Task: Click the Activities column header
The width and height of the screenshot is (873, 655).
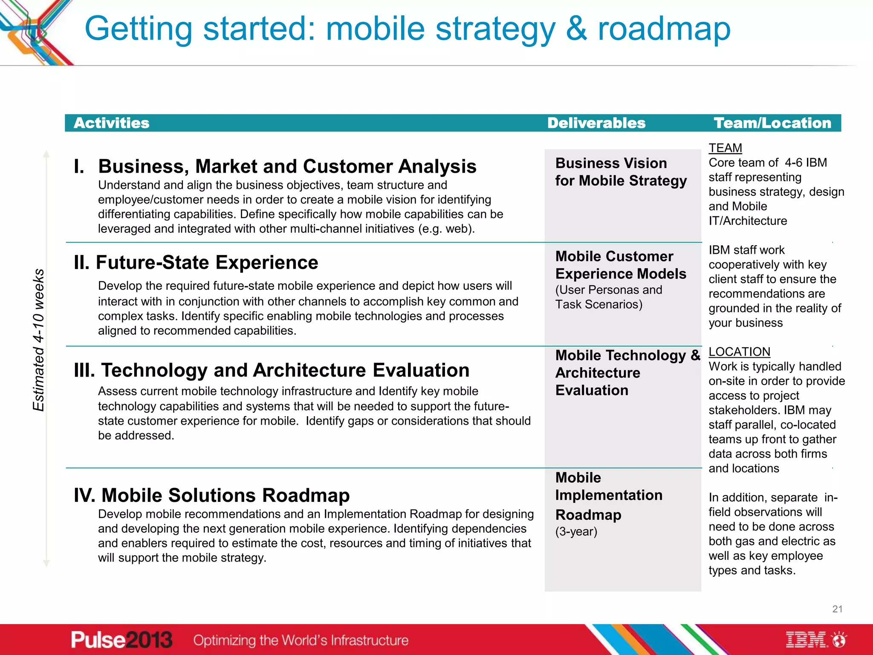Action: (111, 123)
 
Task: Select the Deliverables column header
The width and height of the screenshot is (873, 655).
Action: (596, 123)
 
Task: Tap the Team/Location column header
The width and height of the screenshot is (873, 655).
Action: (772, 123)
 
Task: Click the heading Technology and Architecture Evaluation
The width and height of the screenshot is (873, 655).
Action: (272, 370)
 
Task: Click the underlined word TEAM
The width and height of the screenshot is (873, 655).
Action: (725, 148)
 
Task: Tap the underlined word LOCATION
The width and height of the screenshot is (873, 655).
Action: (739, 352)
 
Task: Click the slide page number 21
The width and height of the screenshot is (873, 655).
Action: (837, 609)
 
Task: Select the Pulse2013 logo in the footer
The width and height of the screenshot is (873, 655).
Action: (121, 640)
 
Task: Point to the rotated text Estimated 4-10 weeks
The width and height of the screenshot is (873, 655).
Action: (39, 340)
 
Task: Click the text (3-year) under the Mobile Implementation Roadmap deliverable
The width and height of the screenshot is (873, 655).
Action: (576, 532)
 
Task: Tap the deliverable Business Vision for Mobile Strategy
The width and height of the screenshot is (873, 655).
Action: (620, 172)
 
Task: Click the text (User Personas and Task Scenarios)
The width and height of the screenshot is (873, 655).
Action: (608, 297)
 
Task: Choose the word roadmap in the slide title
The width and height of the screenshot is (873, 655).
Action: (664, 29)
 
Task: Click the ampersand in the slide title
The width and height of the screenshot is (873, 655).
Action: (576, 29)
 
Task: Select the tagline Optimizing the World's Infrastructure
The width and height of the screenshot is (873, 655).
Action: (301, 640)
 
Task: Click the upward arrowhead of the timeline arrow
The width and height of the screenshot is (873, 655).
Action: (46, 154)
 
